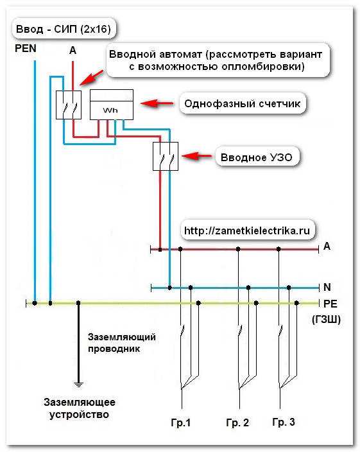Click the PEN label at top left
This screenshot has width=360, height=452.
point(26,48)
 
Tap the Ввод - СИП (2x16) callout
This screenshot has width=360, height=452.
point(64,29)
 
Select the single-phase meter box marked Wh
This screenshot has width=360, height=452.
point(112,105)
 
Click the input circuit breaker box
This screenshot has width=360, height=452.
point(69,105)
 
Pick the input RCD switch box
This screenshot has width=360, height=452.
point(166,157)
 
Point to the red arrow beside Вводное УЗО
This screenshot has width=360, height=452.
point(197,156)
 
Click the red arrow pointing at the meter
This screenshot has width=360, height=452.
point(157,103)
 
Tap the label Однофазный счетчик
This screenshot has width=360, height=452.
point(242,103)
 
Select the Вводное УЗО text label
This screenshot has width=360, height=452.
point(256,157)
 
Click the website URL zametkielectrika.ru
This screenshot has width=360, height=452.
point(247,230)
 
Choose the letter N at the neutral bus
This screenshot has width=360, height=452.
point(327,287)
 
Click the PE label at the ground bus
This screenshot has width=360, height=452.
point(330,304)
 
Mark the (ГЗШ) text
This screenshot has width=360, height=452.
point(326,319)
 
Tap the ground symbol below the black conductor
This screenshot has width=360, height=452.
point(78,384)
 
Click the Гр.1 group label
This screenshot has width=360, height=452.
point(181,423)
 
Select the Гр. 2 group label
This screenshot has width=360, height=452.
point(237,423)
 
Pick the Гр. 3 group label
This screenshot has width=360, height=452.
point(284,422)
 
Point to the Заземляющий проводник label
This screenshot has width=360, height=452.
point(121,343)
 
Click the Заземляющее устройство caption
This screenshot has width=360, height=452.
point(79,408)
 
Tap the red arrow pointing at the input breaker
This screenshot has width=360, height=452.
point(91,78)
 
